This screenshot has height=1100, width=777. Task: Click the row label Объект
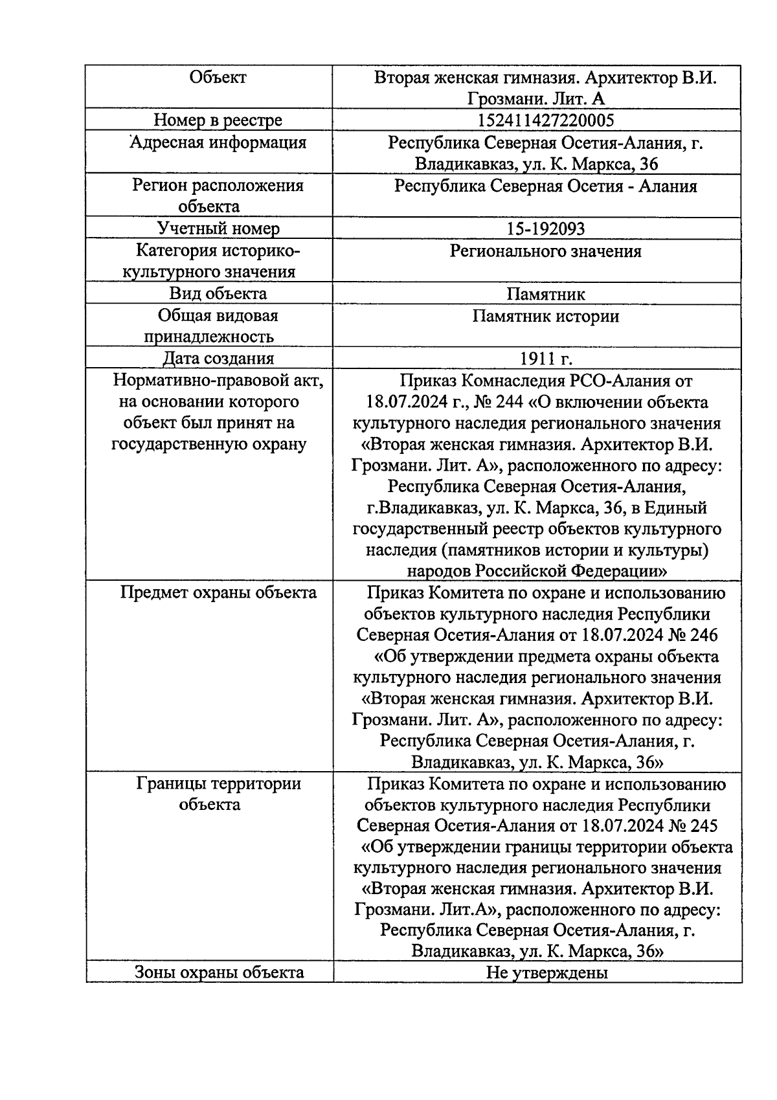point(218,78)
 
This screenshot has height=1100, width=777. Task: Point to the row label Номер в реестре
point(218,120)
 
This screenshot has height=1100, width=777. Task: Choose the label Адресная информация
point(218,142)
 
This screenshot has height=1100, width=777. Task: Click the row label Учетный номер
point(218,229)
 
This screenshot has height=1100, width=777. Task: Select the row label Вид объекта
point(218,293)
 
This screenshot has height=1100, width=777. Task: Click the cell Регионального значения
point(545,251)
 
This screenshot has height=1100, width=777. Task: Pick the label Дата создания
point(218,359)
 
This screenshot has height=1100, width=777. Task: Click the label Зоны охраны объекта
point(219,972)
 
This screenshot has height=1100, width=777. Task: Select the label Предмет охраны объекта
point(219,592)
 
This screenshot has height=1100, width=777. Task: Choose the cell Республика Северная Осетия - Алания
point(545,186)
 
